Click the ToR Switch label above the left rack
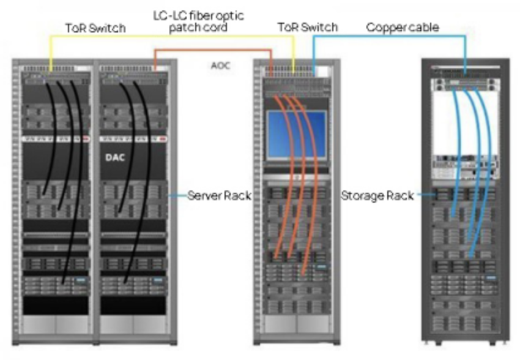pyautogui.click(x=95, y=28)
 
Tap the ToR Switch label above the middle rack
pyautogui.click(x=308, y=27)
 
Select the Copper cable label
pyautogui.click(x=403, y=28)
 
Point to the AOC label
pyautogui.click(x=220, y=66)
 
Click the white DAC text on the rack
pyautogui.click(x=115, y=157)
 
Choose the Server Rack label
pyautogui.click(x=219, y=195)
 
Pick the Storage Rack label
pyautogui.click(x=377, y=195)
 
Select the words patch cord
pyautogui.click(x=198, y=28)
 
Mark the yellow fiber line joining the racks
pyautogui.click(x=172, y=36)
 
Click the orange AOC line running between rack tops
pyautogui.click(x=213, y=50)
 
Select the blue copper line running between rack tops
pyautogui.click(x=389, y=37)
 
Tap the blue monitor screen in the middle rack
pyautogui.click(x=297, y=134)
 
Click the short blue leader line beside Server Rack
pyautogui.click(x=177, y=195)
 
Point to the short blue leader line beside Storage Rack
pyautogui.click(x=426, y=195)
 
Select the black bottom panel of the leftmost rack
pyautogui.click(x=56, y=306)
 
